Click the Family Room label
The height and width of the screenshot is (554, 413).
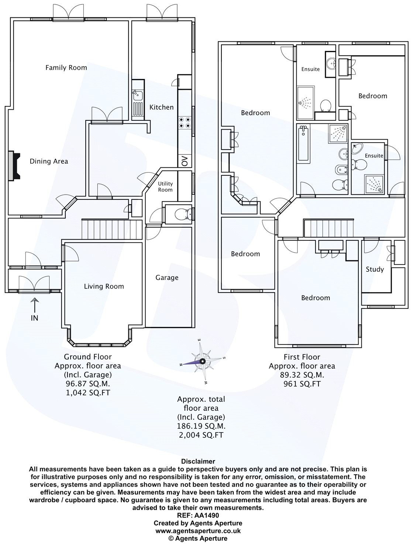coord(66,68)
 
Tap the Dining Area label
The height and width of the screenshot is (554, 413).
coord(49,161)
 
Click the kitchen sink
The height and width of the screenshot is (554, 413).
coord(138,96)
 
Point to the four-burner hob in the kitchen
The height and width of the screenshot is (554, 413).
coord(185,122)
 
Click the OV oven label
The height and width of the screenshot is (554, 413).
coord(185,161)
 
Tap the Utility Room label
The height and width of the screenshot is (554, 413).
coord(165,187)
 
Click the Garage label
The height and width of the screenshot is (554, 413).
coord(167,278)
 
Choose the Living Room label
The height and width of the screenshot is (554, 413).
coord(104,286)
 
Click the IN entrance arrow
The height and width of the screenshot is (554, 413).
coord(35,306)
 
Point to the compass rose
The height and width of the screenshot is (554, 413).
coord(202,362)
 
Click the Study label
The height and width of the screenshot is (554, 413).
coord(375,269)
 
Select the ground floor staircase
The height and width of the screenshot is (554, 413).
coord(112,229)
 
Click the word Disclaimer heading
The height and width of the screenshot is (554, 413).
coord(198,461)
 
